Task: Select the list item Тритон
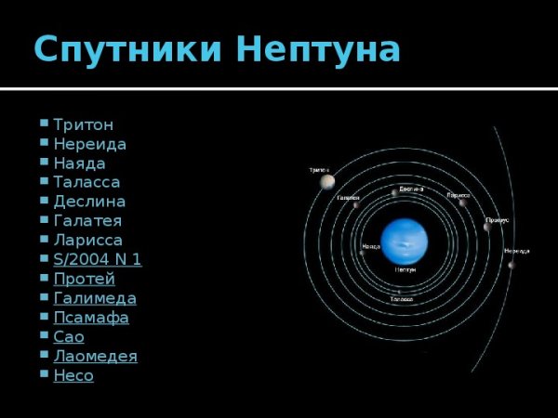[84, 124]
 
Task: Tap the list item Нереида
[89, 144]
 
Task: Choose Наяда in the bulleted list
[79, 163]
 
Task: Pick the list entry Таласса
[86, 182]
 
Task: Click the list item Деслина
[89, 202]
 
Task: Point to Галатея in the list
[87, 221]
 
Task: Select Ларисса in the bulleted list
[87, 241]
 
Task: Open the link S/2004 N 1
[98, 259]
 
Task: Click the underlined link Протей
[84, 279]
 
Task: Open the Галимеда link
[95, 298]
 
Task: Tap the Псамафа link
[91, 318]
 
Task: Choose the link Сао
[69, 337]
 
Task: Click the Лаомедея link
[95, 356]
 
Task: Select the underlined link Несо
[73, 375]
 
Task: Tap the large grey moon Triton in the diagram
[327, 182]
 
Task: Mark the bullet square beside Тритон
[45, 123]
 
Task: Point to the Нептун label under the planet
[405, 269]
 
